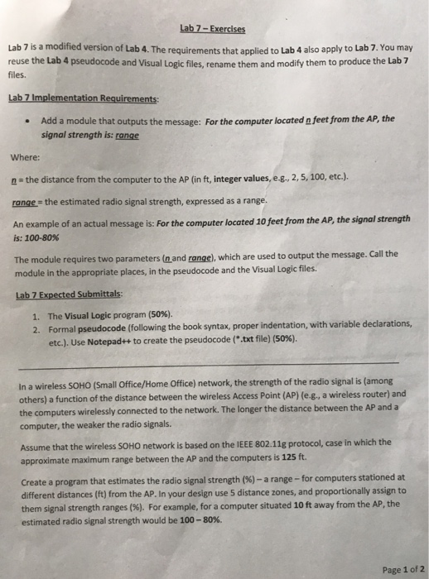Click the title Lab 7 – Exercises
212,28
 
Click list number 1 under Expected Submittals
36,315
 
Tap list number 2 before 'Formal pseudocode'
36,328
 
